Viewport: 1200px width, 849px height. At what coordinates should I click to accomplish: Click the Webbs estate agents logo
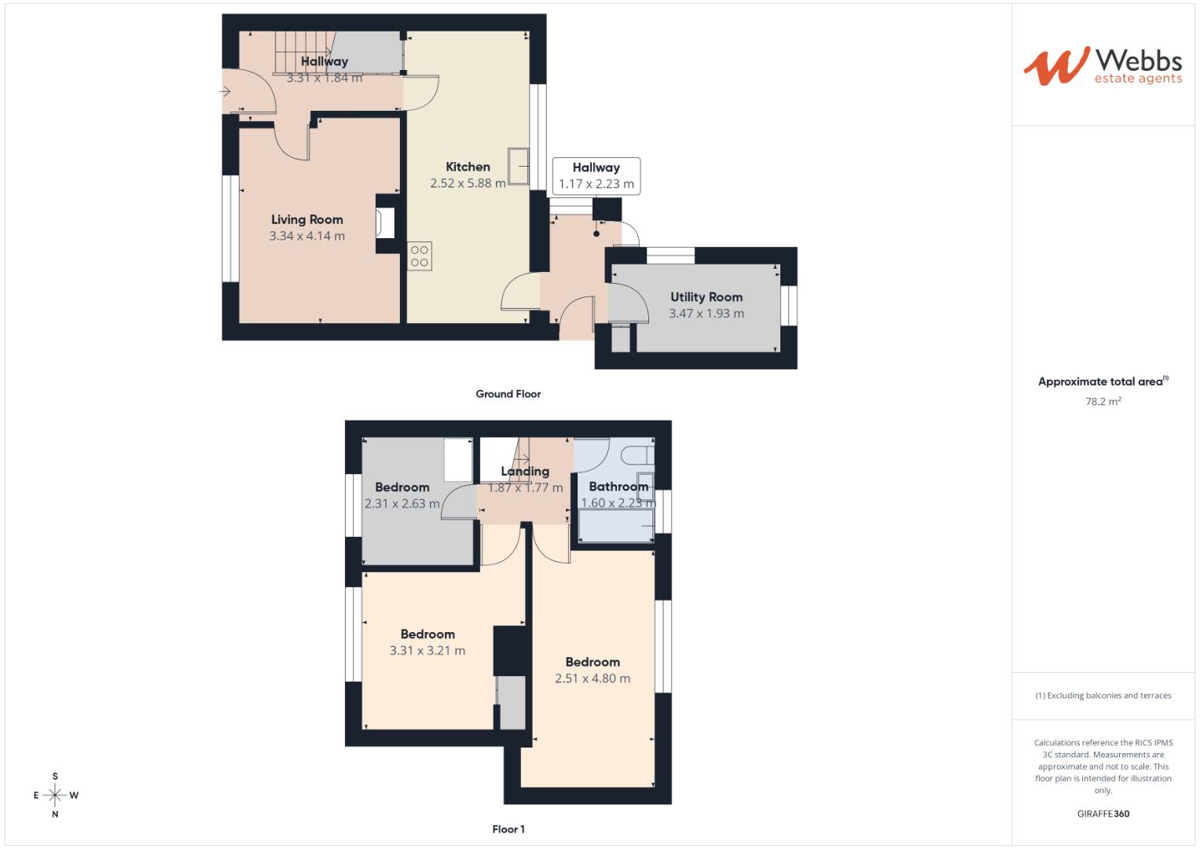click(x=1102, y=66)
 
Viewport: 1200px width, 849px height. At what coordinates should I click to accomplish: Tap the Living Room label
click(x=306, y=219)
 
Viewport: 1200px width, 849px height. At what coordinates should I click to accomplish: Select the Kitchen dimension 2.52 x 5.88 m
click(x=468, y=183)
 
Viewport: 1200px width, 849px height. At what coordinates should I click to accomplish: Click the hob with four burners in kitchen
click(x=419, y=256)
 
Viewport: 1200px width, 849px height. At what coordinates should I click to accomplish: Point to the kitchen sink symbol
click(x=518, y=166)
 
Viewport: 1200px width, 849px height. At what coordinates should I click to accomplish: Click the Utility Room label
click(x=706, y=297)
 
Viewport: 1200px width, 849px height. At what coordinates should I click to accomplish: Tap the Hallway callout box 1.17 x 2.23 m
click(x=596, y=176)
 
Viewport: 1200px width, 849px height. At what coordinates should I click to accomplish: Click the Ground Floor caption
click(x=508, y=394)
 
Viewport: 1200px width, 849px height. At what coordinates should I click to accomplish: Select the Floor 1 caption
click(x=508, y=829)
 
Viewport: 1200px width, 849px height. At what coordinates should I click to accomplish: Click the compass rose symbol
click(x=55, y=795)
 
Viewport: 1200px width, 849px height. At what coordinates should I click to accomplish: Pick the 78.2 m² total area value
click(x=1103, y=401)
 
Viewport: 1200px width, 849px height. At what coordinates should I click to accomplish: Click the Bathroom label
click(x=618, y=486)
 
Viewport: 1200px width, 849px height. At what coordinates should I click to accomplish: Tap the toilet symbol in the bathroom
click(x=636, y=455)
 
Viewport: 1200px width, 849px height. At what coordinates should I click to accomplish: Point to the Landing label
click(x=525, y=472)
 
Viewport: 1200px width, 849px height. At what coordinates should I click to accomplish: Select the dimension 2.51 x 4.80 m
click(x=592, y=678)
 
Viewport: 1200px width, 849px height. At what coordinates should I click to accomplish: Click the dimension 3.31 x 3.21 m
click(x=427, y=650)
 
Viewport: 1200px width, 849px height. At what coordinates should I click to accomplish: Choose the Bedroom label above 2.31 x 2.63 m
click(x=402, y=487)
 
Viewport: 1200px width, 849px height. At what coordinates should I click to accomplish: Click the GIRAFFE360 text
click(x=1103, y=814)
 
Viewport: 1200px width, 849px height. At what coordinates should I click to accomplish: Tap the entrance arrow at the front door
click(x=226, y=91)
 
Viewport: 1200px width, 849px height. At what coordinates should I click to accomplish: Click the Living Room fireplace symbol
click(x=385, y=222)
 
